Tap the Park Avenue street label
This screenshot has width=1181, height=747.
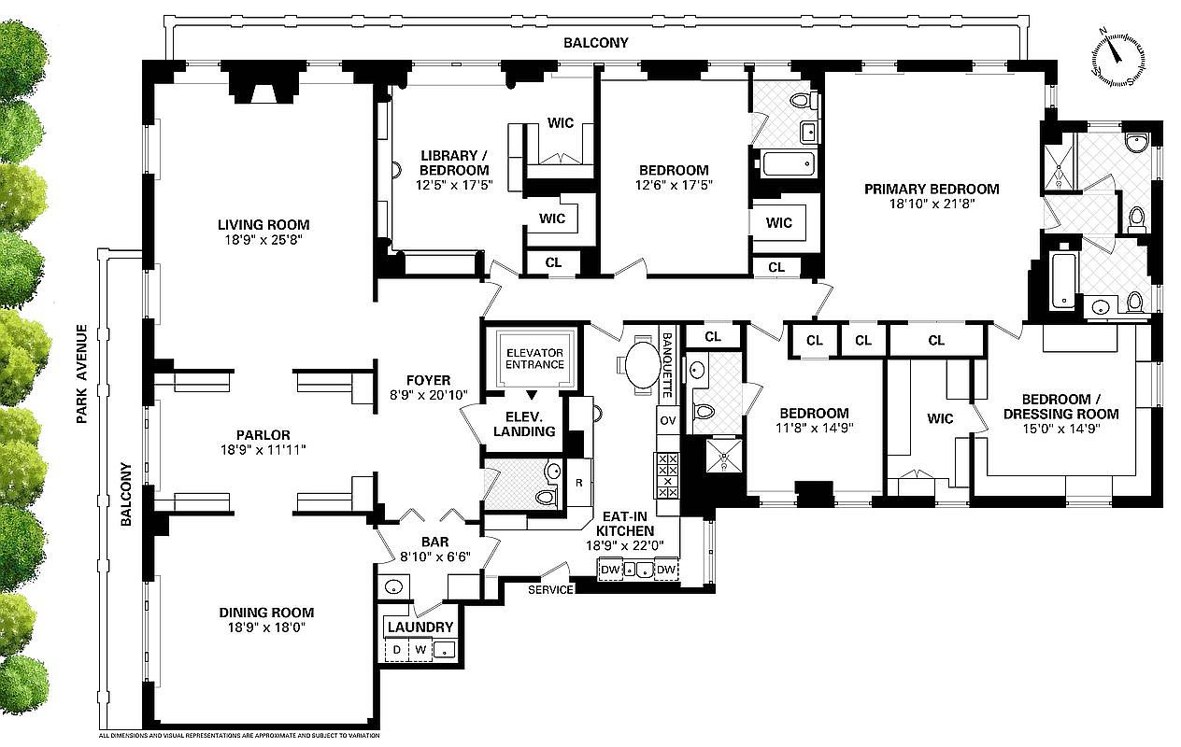pos(82,373)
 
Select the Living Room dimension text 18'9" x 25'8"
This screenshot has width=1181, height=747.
pos(263,240)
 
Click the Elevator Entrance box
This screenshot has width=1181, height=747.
pos(534,358)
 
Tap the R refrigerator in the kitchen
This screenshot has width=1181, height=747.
pos(579,484)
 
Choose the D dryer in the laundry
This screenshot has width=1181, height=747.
pos(396,649)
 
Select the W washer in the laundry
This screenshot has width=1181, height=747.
pos(420,649)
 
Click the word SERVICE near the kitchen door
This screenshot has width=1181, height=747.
pos(550,590)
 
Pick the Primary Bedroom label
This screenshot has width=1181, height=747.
pos(931,189)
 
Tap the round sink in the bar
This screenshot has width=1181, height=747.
pos(393,587)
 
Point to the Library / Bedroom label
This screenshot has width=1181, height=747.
pos(453,163)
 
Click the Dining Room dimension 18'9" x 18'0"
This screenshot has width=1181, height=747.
pos(266,627)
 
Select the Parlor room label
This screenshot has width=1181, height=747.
pos(263,434)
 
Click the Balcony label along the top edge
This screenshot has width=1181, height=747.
pos(595,43)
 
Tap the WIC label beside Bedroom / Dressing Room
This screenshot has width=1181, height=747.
pos(940,418)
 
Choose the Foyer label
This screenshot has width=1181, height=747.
pos(428,380)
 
